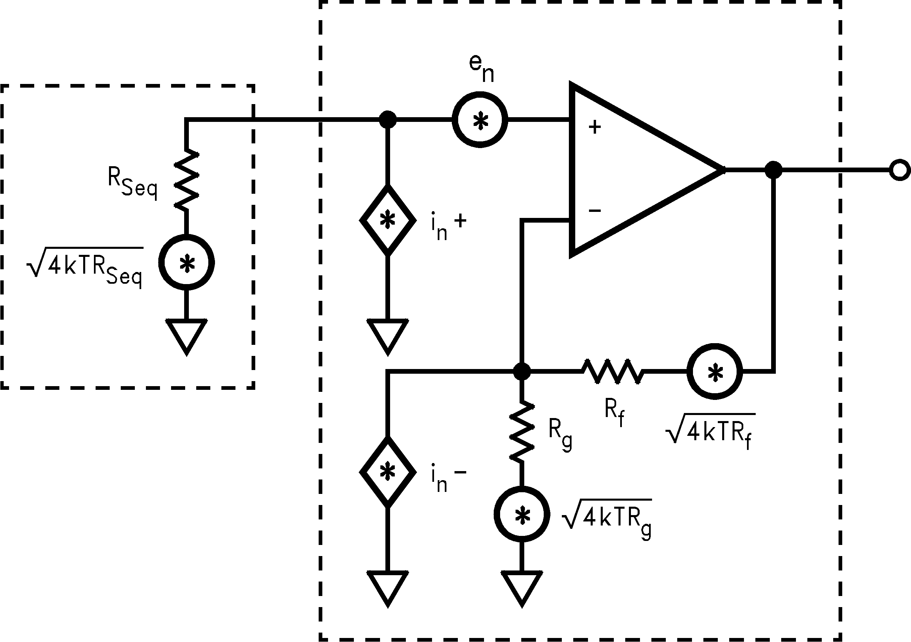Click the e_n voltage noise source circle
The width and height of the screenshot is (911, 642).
[480, 120]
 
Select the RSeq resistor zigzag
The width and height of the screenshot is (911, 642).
[186, 180]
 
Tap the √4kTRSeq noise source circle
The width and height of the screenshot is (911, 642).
[186, 263]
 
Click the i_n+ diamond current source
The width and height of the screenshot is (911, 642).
[388, 220]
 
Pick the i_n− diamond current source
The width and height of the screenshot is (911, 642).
[388, 472]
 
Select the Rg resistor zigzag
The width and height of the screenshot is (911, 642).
[522, 432]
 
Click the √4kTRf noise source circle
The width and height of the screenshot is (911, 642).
[714, 371]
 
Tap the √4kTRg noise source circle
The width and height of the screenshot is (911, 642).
[522, 515]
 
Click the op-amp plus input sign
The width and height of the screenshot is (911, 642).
[594, 127]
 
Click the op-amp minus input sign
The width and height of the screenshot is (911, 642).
[594, 211]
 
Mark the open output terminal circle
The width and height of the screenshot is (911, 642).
[900, 170]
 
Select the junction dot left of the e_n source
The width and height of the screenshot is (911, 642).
[388, 120]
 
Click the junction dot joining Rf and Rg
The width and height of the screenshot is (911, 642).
[522, 371]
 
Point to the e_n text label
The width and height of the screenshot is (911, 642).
[481, 67]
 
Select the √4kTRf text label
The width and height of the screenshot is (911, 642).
[710, 431]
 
